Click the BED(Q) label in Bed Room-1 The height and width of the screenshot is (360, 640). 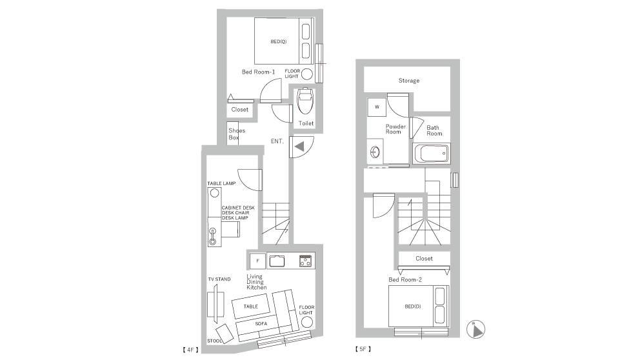tap(278, 42)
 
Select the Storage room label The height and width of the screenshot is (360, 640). tap(409, 81)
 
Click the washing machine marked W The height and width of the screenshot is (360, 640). tap(377, 107)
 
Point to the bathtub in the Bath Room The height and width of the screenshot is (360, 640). tap(432, 154)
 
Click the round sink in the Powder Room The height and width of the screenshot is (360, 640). tap(375, 153)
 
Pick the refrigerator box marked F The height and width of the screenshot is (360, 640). tap(257, 261)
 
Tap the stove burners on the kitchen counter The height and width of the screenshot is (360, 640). tap(305, 261)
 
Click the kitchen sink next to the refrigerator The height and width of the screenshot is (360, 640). tap(277, 261)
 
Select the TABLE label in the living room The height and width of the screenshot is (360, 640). tap(250, 306)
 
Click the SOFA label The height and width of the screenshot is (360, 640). tap(261, 324)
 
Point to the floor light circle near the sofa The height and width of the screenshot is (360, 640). tap(307, 322)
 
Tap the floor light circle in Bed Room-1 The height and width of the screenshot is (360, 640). tap(307, 74)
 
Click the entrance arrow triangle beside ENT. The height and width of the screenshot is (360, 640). tap(299, 146)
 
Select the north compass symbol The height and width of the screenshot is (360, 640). tap(475, 330)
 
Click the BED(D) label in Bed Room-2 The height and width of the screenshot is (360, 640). tap(413, 306)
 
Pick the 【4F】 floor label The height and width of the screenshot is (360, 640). tap(190, 350)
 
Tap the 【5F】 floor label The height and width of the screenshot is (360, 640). tap(363, 349)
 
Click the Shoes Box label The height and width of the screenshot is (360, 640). tap(237, 134)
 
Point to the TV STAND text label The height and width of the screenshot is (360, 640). tap(219, 279)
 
